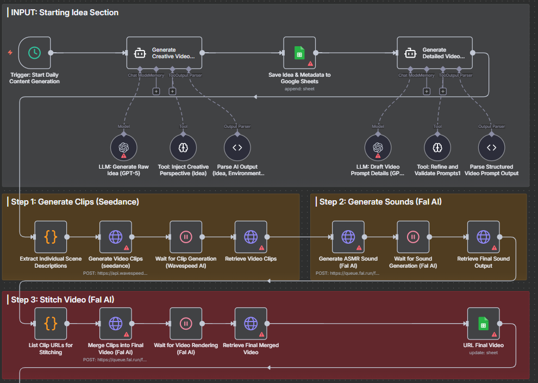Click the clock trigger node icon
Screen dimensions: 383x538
tap(34, 53)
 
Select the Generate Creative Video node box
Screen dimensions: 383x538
tap(164, 53)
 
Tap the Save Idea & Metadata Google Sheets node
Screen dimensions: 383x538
tap(299, 53)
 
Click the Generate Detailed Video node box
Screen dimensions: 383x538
tap(434, 53)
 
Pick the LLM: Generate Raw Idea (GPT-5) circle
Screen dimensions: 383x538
tap(124, 147)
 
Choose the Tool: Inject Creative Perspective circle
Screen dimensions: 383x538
tap(183, 147)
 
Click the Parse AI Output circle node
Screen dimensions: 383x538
tap(237, 147)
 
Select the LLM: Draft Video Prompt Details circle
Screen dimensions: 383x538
tap(378, 147)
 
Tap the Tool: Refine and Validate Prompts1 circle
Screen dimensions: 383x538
tap(437, 147)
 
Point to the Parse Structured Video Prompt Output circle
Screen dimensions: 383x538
tap(492, 147)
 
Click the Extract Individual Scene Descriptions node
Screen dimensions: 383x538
tap(51, 237)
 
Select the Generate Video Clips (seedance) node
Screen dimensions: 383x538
tap(116, 237)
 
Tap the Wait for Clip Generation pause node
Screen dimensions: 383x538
tap(186, 237)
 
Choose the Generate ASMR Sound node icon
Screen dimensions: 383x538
tap(348, 237)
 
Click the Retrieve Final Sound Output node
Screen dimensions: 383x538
tap(483, 237)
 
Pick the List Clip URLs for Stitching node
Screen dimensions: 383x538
tap(51, 323)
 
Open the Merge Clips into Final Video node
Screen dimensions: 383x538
tap(116, 323)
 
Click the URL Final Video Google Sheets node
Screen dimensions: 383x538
tap(483, 323)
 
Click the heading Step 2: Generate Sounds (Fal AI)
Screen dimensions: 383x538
tap(380, 202)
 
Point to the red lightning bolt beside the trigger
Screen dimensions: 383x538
tap(10, 52)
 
